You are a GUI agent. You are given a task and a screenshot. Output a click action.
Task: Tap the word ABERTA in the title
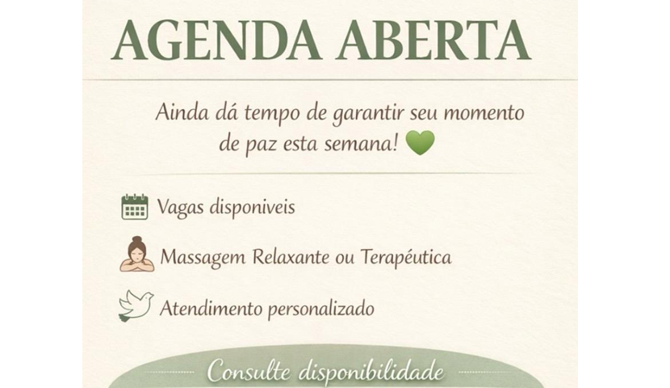(433, 40)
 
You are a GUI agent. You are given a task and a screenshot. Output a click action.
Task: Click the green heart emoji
(420, 143)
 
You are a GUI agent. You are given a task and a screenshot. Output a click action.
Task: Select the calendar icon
(135, 207)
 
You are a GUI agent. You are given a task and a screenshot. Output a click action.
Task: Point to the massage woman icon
(136, 254)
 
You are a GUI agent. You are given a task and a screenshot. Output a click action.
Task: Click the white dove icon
(136, 306)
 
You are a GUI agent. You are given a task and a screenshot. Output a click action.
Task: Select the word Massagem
(203, 258)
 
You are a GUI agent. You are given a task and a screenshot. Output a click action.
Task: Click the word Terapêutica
(406, 258)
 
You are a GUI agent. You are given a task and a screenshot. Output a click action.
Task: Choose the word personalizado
(321, 309)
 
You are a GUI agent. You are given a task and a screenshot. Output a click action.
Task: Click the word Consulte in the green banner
(249, 370)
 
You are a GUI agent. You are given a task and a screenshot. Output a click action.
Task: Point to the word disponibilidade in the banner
(371, 371)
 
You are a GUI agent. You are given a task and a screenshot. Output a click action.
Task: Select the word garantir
(368, 114)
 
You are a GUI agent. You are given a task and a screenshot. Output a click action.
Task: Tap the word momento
(484, 113)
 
